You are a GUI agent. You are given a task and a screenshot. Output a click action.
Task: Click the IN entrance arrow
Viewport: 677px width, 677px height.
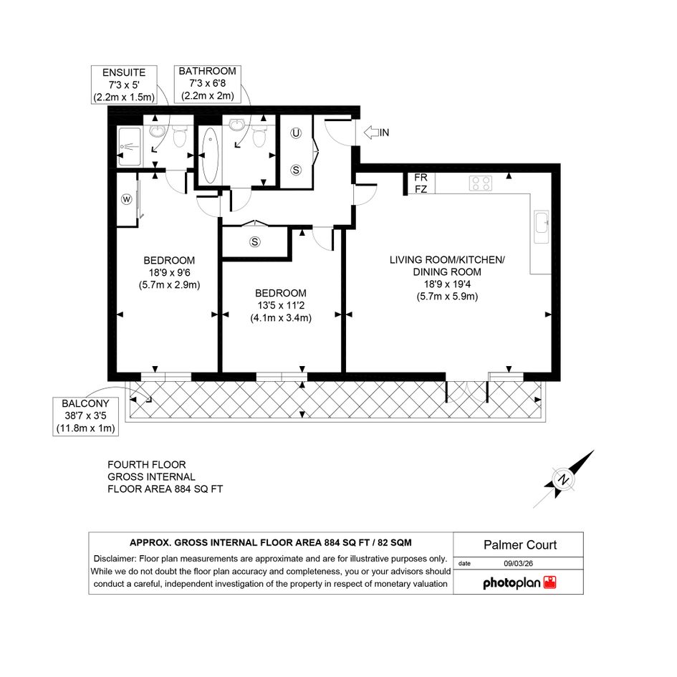[371, 133]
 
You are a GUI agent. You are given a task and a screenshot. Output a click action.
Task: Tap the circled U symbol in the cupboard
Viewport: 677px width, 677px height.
[296, 133]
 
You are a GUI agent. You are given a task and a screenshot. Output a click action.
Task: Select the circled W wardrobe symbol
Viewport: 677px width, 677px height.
[127, 199]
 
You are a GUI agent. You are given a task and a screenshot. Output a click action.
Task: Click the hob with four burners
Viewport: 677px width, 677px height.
[481, 183]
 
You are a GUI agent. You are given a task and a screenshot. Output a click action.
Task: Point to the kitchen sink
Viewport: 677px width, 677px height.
[542, 227]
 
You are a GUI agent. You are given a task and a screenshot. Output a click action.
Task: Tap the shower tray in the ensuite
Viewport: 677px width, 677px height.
[130, 147]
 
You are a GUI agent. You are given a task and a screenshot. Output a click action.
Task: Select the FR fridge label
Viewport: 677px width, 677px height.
[421, 178]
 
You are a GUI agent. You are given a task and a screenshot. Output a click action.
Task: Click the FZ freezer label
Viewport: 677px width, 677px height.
[421, 189]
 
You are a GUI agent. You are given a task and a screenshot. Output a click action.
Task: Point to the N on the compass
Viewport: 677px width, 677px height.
[562, 479]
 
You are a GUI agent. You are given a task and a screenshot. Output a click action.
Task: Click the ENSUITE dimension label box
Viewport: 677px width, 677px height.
[124, 85]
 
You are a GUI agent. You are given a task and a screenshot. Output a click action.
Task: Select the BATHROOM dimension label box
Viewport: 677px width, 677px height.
[207, 84]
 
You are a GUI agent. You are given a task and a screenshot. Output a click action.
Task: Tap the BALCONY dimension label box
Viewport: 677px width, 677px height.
[85, 416]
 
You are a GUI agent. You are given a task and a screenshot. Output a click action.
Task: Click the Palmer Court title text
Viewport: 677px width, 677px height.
[520, 545]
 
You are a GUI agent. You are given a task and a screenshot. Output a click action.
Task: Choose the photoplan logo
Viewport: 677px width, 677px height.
[519, 583]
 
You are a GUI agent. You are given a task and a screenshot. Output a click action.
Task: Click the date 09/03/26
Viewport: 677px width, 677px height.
[518, 563]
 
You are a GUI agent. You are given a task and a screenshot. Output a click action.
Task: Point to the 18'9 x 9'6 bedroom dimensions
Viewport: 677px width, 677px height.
[169, 273]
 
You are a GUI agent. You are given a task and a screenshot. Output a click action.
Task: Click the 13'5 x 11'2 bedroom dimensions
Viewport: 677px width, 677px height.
[281, 306]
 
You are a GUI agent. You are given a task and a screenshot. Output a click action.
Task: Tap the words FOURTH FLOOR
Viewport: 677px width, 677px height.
[147, 465]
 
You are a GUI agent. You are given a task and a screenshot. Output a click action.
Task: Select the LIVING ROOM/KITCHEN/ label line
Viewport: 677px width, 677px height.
[447, 260]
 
